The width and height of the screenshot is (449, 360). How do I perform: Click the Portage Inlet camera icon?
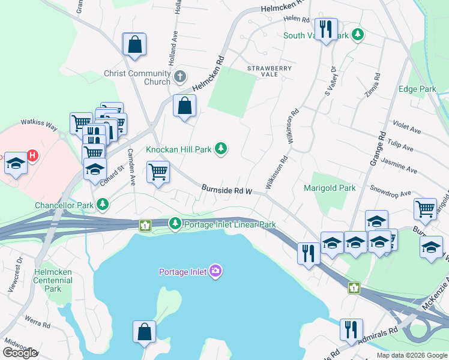[216, 272]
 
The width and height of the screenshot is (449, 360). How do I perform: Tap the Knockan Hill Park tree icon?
[221, 148]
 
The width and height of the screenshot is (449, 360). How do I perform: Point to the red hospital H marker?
[33, 156]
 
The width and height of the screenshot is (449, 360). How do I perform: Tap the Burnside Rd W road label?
[226, 190]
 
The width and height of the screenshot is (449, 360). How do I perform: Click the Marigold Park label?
[330, 188]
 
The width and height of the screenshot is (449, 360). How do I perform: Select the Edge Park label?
[417, 89]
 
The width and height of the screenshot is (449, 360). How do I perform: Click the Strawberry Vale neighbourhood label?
[269, 68]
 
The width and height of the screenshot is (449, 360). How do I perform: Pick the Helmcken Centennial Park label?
[53, 280]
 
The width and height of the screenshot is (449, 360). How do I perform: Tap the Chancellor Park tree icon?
[103, 205]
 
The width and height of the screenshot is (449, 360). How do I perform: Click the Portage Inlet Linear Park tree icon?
[175, 224]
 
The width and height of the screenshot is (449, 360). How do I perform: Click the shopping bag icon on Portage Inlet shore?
[144, 332]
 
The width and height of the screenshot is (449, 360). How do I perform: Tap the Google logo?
[20, 353]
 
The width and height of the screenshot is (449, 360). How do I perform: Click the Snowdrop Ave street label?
[390, 194]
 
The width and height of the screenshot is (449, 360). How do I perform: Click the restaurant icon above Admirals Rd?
[351, 329]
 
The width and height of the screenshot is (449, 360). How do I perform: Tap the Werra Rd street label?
[37, 324]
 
